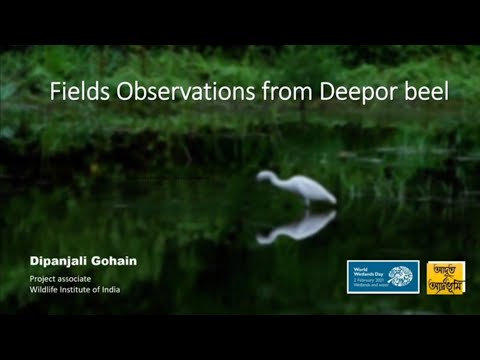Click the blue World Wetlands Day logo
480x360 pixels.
(382, 277)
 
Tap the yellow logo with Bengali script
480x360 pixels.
(446, 277)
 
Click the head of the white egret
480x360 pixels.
(263, 176)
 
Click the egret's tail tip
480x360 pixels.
(333, 200)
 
